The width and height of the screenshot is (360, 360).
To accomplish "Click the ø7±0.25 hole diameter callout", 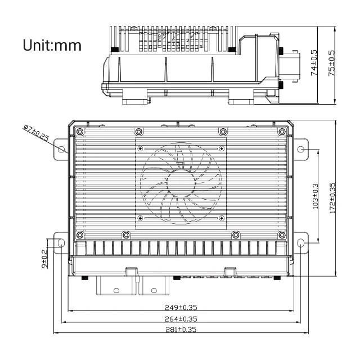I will pyautogui.click(x=35, y=133).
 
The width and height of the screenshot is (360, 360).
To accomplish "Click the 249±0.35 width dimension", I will pyautogui.click(x=181, y=308).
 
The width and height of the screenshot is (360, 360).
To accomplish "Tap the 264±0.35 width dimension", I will pyautogui.click(x=181, y=318).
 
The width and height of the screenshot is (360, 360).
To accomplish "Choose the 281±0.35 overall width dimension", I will pyautogui.click(x=181, y=329).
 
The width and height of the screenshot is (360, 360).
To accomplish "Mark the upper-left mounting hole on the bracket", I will pyautogui.click(x=61, y=149).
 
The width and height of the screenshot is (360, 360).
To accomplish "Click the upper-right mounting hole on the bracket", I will pyautogui.click(x=301, y=150).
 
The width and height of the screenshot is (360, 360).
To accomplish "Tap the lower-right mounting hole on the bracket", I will pyautogui.click(x=301, y=243).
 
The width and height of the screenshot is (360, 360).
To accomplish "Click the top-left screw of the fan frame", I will pyautogui.click(x=141, y=148).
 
